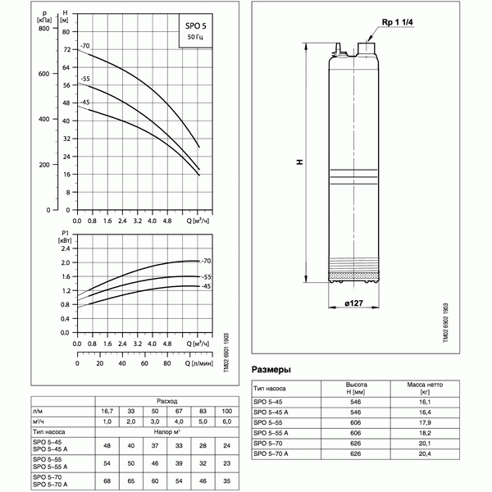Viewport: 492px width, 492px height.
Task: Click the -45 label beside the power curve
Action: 207,286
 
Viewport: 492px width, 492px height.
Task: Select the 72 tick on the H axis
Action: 65,50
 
